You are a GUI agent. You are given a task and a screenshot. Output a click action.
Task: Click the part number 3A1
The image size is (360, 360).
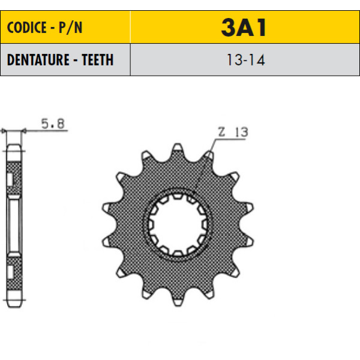(244, 28)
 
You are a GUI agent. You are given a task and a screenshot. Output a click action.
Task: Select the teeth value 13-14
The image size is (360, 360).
(245, 60)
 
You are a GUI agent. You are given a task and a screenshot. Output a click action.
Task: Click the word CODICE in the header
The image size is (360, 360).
(27, 28)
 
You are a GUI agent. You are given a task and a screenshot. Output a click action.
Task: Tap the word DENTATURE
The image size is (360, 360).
(38, 59)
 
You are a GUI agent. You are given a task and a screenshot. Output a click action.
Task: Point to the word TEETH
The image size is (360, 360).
(98, 59)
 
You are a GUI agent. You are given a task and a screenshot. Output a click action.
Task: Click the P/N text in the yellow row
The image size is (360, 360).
(70, 28)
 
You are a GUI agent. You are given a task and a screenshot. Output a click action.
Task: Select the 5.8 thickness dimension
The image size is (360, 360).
(53, 124)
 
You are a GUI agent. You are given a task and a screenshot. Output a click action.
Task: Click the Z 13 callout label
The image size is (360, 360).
(233, 132)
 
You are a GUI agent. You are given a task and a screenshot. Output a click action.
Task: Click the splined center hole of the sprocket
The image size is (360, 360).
(178, 224)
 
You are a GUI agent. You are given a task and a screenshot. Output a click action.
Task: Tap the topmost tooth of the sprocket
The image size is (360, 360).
(178, 148)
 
